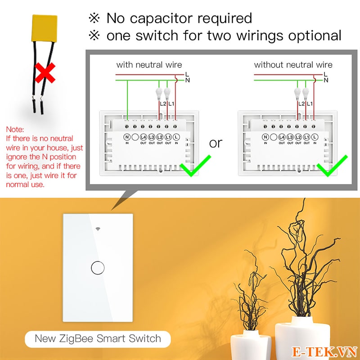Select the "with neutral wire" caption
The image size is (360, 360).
pyautogui.click(x=149, y=65)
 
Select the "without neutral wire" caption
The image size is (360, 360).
pyautogui.click(x=293, y=65)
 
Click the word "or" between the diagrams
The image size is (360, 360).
pyautogui.click(x=216, y=143)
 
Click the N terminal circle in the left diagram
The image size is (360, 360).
pyautogui.click(x=127, y=136)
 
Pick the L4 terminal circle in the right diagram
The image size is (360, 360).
pyautogui.click(x=282, y=136)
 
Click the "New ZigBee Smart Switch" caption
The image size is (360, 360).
pyautogui.click(x=97, y=338)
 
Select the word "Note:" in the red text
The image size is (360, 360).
pyautogui.click(x=15, y=129)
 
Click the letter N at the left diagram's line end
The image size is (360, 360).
pyautogui.click(x=187, y=80)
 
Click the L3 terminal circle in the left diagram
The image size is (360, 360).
pyautogui.click(x=152, y=136)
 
